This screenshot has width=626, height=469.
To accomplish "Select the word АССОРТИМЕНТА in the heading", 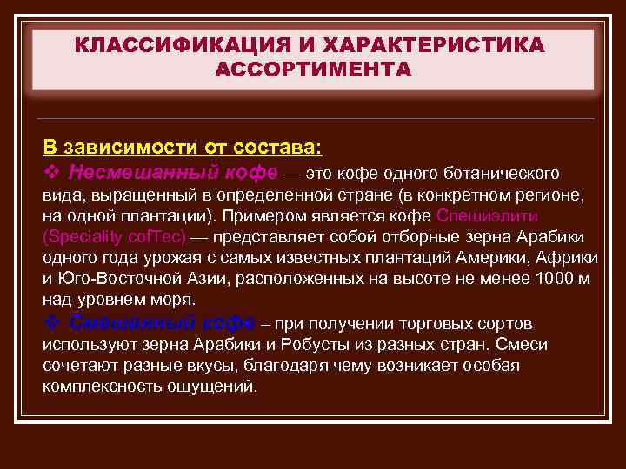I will [312, 69].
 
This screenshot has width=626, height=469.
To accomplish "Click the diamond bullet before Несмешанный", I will [50, 169].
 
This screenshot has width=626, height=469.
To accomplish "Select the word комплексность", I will [97, 386].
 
